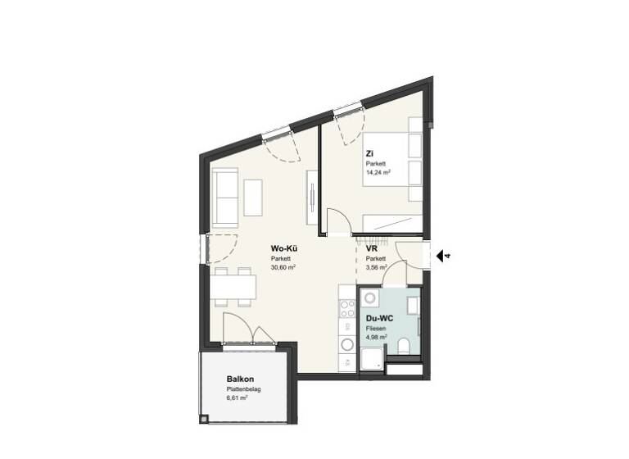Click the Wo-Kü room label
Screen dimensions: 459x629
click(283, 248)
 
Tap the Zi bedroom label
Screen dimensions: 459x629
click(370, 153)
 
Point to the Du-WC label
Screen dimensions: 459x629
click(378, 318)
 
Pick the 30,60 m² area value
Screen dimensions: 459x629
click(283, 267)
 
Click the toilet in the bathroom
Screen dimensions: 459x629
click(405, 344)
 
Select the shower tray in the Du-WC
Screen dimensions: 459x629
click(370, 358)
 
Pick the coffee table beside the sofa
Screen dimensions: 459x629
click(254, 197)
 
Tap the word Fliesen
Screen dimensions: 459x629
click(375, 328)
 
